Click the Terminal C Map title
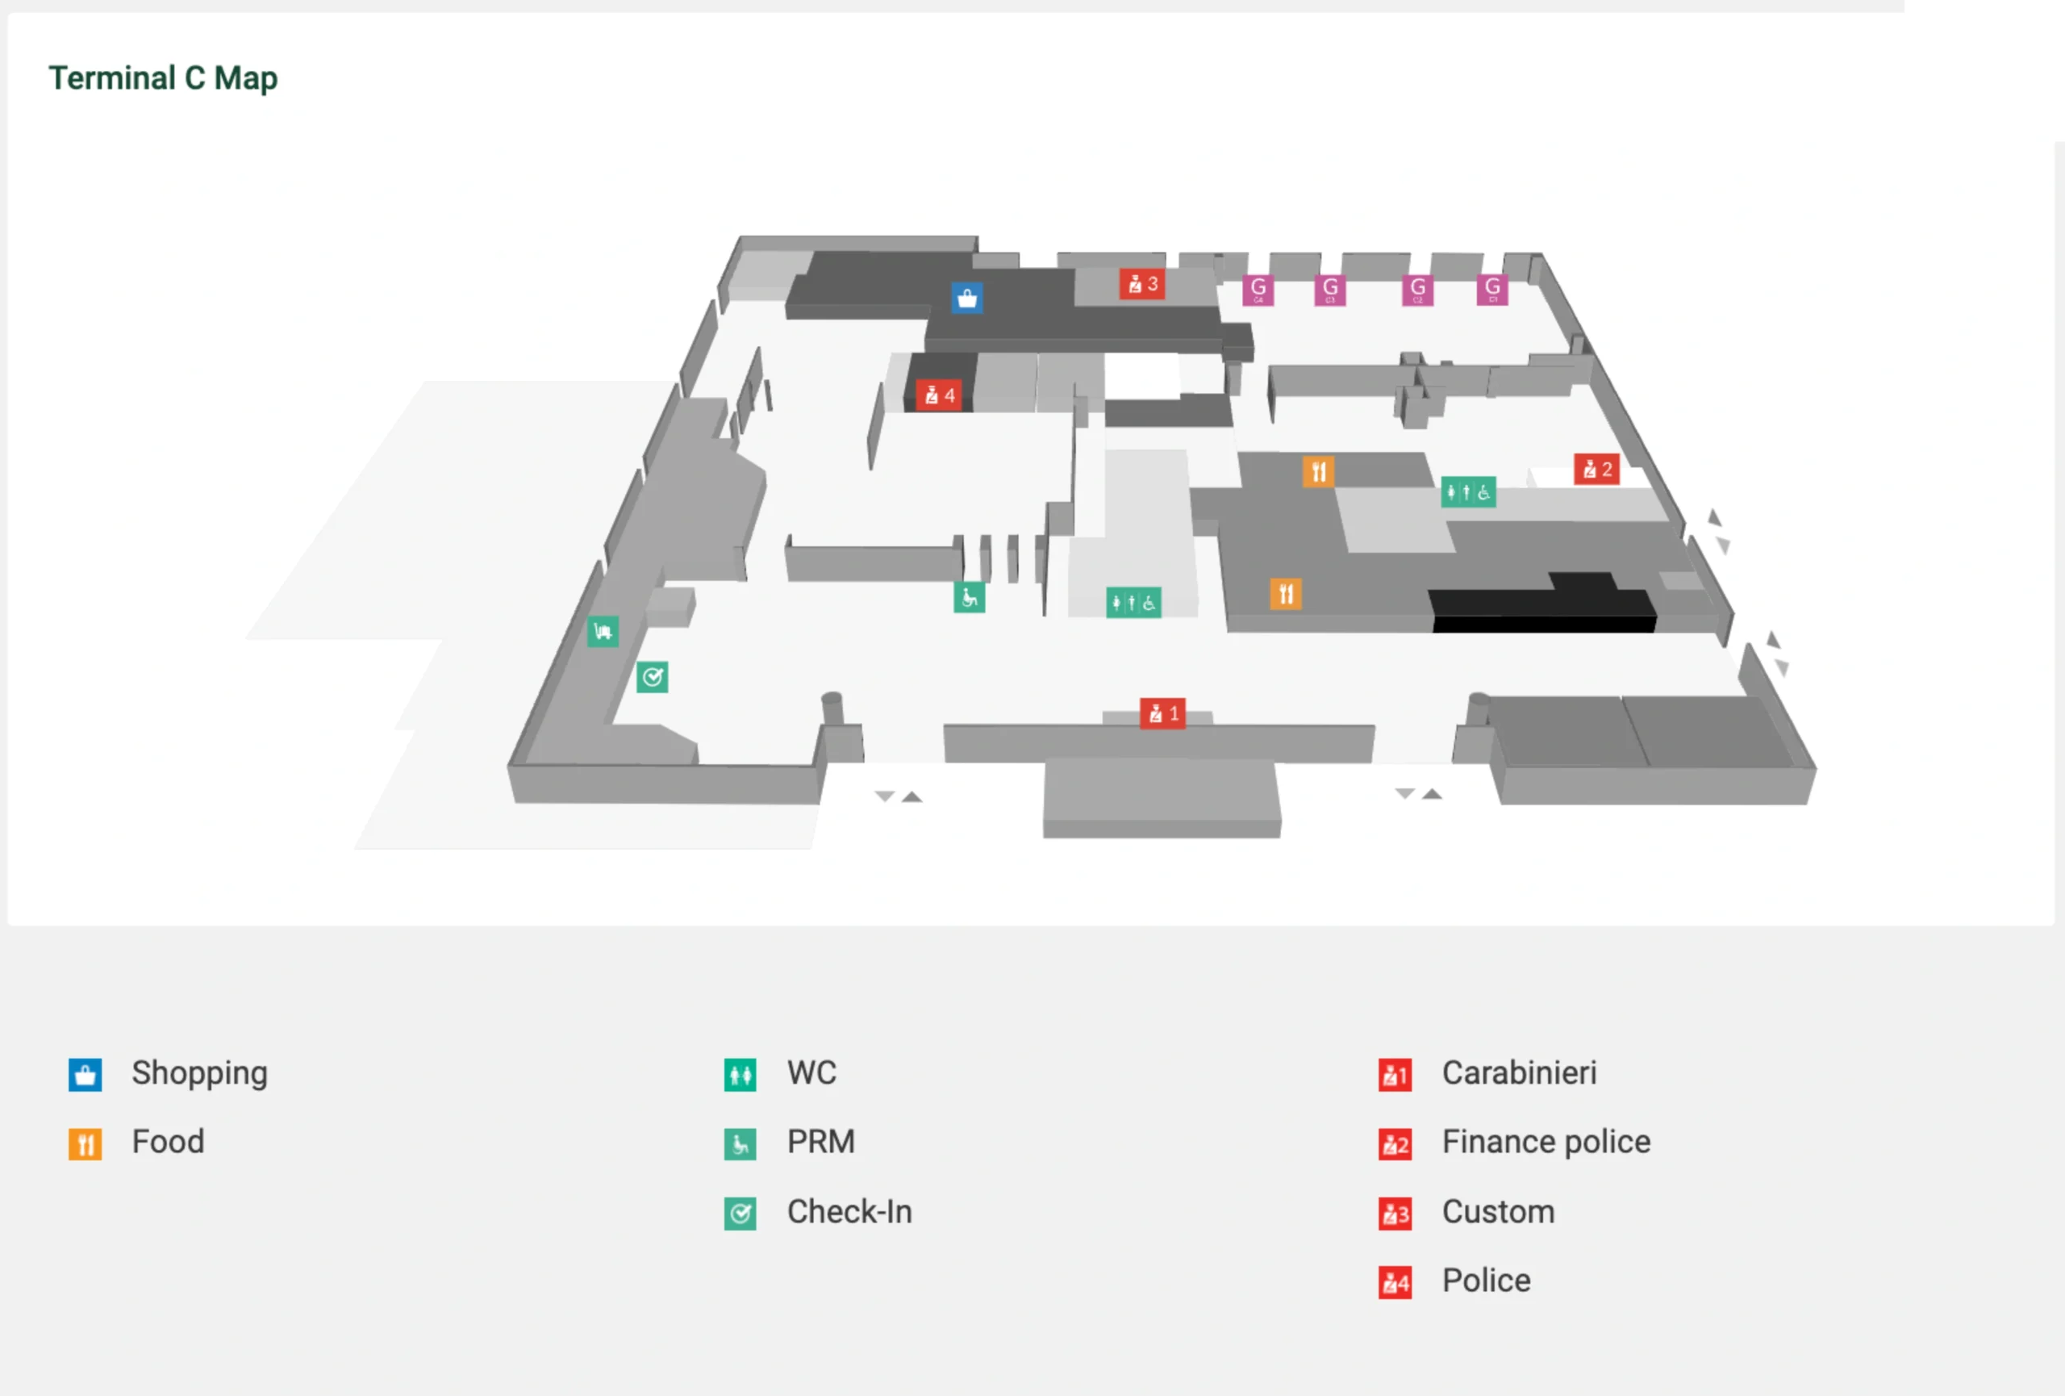coord(163,78)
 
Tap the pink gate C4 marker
coord(1258,290)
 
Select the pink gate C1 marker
coord(1492,290)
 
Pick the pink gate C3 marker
coord(1329,290)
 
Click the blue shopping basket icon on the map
coord(966,299)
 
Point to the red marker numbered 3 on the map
coord(1141,284)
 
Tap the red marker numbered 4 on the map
coord(938,395)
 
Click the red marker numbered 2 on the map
coord(1596,469)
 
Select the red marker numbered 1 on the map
coord(1162,713)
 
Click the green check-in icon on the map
coord(653,677)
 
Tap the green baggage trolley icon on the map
coord(603,632)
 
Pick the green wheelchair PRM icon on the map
coord(969,597)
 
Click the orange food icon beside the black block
coord(1286,594)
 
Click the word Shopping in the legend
coord(199,1073)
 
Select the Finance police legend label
coord(1546,1142)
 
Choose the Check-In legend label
coord(849,1212)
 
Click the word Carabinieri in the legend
coord(1519,1073)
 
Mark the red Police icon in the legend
coord(1395,1282)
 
